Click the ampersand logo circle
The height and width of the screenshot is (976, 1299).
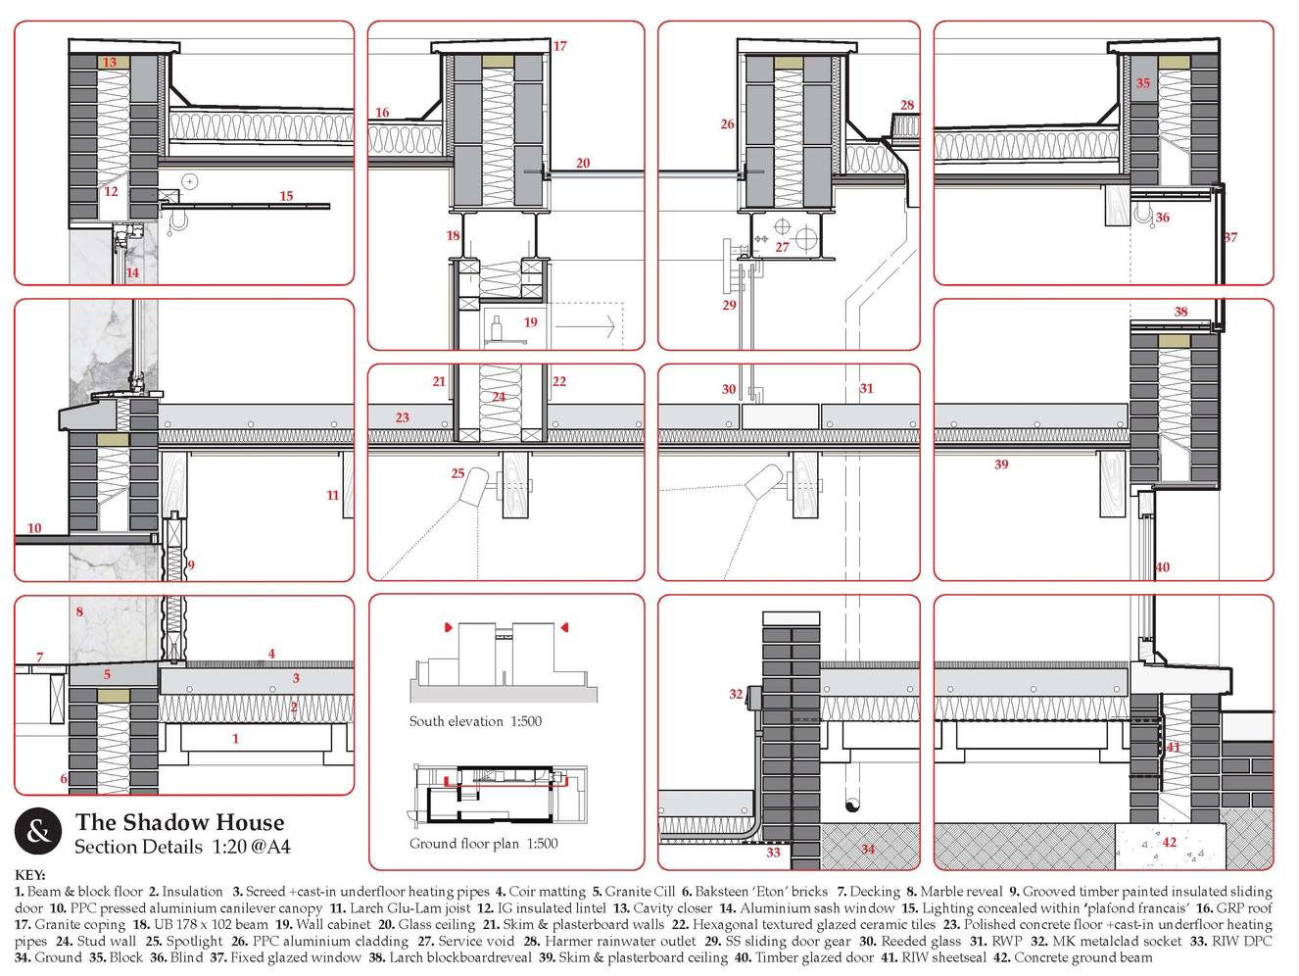[x=38, y=831]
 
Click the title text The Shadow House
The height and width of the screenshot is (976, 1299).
[x=180, y=822]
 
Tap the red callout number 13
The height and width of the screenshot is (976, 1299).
[x=110, y=62]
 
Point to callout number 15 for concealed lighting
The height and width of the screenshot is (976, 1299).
[x=286, y=196]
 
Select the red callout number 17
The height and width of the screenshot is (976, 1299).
[x=559, y=46]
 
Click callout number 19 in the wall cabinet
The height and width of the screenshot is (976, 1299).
[x=530, y=322]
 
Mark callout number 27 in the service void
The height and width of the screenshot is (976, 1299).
[x=783, y=247]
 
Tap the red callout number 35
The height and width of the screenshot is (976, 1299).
[x=1143, y=83]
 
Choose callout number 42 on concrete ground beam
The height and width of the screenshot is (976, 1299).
[x=1170, y=842]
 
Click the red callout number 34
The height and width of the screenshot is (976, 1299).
[x=868, y=849]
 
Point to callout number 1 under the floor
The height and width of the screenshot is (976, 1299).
[x=235, y=739]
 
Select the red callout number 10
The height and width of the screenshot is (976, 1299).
[x=34, y=528]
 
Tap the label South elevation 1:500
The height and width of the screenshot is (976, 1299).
[x=475, y=721]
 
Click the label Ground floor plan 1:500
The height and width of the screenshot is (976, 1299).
[x=484, y=843]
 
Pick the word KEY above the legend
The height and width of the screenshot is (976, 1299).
[x=29, y=875]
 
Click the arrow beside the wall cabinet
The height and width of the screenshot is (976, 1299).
[x=585, y=325]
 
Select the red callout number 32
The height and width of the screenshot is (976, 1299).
[x=736, y=694]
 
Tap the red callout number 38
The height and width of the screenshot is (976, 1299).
[x=1180, y=312]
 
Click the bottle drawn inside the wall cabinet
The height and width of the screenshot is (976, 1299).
[x=497, y=326]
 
